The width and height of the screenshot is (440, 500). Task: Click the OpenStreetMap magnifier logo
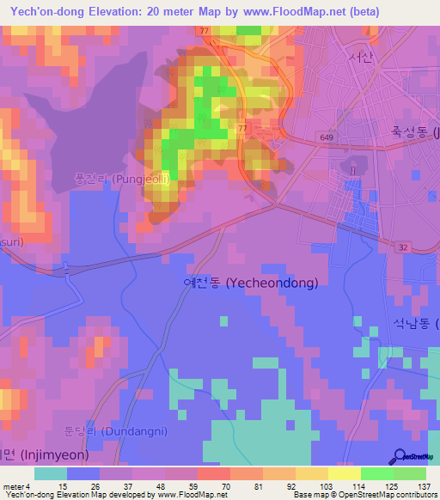400,457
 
